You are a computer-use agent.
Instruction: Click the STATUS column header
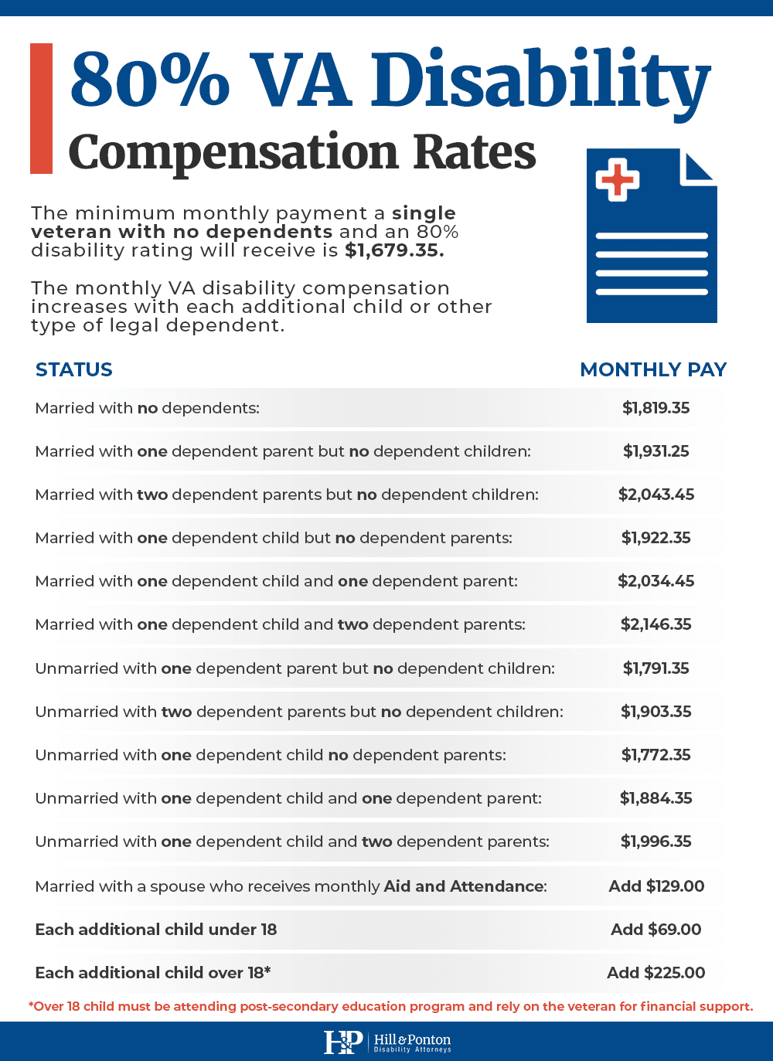point(74,369)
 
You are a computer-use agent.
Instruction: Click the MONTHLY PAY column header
point(653,369)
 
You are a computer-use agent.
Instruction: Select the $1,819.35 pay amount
point(656,408)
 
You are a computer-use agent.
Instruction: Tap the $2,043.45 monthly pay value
point(656,495)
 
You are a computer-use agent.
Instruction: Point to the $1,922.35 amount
point(656,538)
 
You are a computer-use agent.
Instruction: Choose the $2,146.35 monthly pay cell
point(656,624)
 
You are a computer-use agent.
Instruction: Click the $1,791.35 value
point(656,668)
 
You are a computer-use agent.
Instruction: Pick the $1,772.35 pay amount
point(656,755)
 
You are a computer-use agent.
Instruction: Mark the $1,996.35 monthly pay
point(656,842)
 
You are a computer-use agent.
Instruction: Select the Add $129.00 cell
point(656,886)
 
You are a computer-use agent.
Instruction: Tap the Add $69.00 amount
point(656,930)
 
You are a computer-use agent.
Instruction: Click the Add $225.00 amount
point(656,973)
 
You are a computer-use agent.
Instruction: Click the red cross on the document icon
point(617,179)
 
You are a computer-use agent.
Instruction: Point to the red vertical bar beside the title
point(41,108)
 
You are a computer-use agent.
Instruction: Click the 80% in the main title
point(150,80)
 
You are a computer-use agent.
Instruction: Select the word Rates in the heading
point(474,152)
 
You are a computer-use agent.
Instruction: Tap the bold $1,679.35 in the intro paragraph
point(394,250)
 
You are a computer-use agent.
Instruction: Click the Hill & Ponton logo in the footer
point(386,1042)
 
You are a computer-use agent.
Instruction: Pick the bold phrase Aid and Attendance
point(464,886)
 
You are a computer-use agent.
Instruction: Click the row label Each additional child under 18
point(155,930)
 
